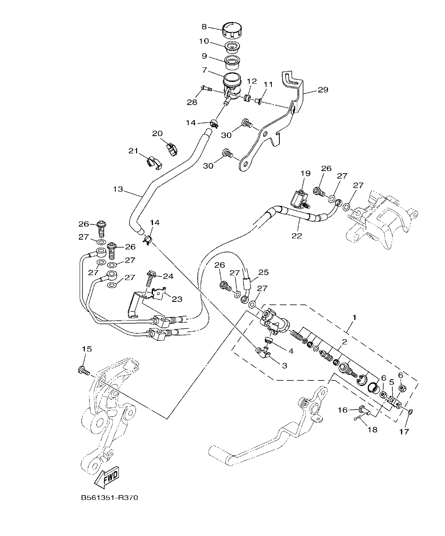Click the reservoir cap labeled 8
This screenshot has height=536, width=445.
(232, 29)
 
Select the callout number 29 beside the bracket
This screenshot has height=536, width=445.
(323, 90)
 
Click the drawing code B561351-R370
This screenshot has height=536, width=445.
(109, 498)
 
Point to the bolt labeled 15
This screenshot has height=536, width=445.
(84, 371)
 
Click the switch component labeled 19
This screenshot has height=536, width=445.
(300, 198)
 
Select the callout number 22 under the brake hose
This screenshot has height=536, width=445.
(296, 236)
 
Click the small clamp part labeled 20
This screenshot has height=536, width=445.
(172, 149)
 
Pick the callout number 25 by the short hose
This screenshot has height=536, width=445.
(264, 272)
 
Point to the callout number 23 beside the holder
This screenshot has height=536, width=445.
(177, 299)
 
